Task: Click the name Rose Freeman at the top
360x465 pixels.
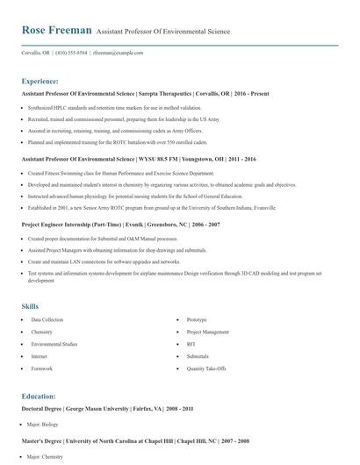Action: click(56, 31)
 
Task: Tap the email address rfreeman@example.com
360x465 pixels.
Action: click(119, 54)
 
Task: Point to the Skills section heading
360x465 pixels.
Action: click(30, 307)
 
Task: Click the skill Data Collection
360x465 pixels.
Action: click(47, 320)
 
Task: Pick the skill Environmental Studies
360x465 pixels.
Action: click(54, 345)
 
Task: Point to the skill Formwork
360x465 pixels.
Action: click(42, 369)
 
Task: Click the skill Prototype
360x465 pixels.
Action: click(197, 320)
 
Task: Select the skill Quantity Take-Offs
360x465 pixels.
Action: click(207, 369)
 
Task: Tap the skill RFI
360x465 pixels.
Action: click(191, 345)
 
